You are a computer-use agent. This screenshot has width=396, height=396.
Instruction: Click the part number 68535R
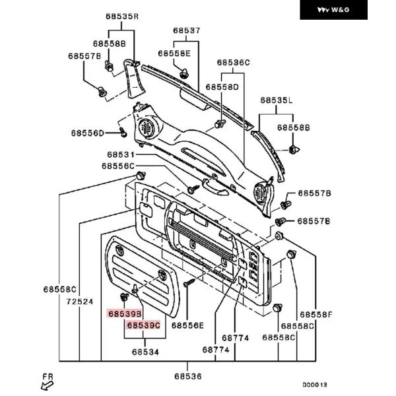tap(122, 16)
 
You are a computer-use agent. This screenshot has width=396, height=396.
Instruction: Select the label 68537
tap(187, 30)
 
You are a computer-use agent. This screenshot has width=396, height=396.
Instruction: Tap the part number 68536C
tap(233, 63)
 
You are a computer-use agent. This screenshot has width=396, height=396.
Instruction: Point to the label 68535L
tap(277, 100)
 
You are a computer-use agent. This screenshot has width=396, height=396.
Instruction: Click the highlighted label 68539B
tap(125, 314)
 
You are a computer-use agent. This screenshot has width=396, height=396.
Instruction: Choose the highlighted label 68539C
tap(143, 325)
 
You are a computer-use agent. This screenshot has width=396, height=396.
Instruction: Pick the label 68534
tap(145, 352)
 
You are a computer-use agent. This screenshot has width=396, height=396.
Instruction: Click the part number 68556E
tap(187, 325)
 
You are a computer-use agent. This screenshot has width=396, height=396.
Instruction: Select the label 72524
tap(80, 302)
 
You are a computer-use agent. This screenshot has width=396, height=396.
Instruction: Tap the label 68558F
tap(316, 315)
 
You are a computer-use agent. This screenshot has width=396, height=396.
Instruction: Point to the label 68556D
tap(87, 133)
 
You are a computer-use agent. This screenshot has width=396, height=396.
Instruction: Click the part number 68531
tap(121, 154)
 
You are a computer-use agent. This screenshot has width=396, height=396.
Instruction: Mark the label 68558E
tap(174, 53)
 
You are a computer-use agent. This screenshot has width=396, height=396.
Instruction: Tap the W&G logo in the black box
tap(333, 10)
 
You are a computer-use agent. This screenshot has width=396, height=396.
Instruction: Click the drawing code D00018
tap(315, 385)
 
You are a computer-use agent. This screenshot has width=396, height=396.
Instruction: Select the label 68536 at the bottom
tap(188, 376)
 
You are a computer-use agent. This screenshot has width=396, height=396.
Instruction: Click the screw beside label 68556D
tap(123, 132)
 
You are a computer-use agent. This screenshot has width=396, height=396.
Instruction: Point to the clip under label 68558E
tap(183, 73)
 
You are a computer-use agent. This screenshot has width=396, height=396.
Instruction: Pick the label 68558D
tap(222, 87)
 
